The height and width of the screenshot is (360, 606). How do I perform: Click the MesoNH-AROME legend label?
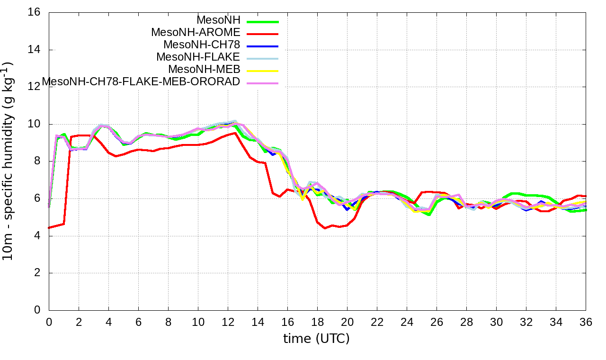tap(196, 33)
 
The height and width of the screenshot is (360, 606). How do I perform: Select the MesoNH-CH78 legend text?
tap(202, 45)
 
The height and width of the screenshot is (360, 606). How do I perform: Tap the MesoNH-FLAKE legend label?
tap(198, 57)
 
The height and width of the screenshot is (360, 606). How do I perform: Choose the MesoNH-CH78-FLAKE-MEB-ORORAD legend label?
tap(141, 82)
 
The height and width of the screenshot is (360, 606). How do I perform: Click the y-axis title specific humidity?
tap(8, 161)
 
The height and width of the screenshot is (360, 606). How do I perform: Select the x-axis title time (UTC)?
tap(316, 338)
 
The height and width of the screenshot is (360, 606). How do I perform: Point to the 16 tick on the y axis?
tap(34, 13)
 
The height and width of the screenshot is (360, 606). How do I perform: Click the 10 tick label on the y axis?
tap(34, 124)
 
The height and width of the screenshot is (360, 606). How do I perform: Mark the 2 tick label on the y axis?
tap(37, 273)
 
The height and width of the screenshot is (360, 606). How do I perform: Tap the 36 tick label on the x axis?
tap(586, 322)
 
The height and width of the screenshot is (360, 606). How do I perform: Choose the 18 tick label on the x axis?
tap(317, 322)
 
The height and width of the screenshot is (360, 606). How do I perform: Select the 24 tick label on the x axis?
tap(407, 322)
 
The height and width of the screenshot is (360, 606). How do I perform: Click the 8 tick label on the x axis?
tap(168, 322)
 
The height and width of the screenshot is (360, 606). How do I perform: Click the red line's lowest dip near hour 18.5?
tap(325, 228)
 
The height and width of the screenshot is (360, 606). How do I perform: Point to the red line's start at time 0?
tap(49, 227)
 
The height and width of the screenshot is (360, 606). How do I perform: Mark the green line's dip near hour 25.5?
tap(429, 215)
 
